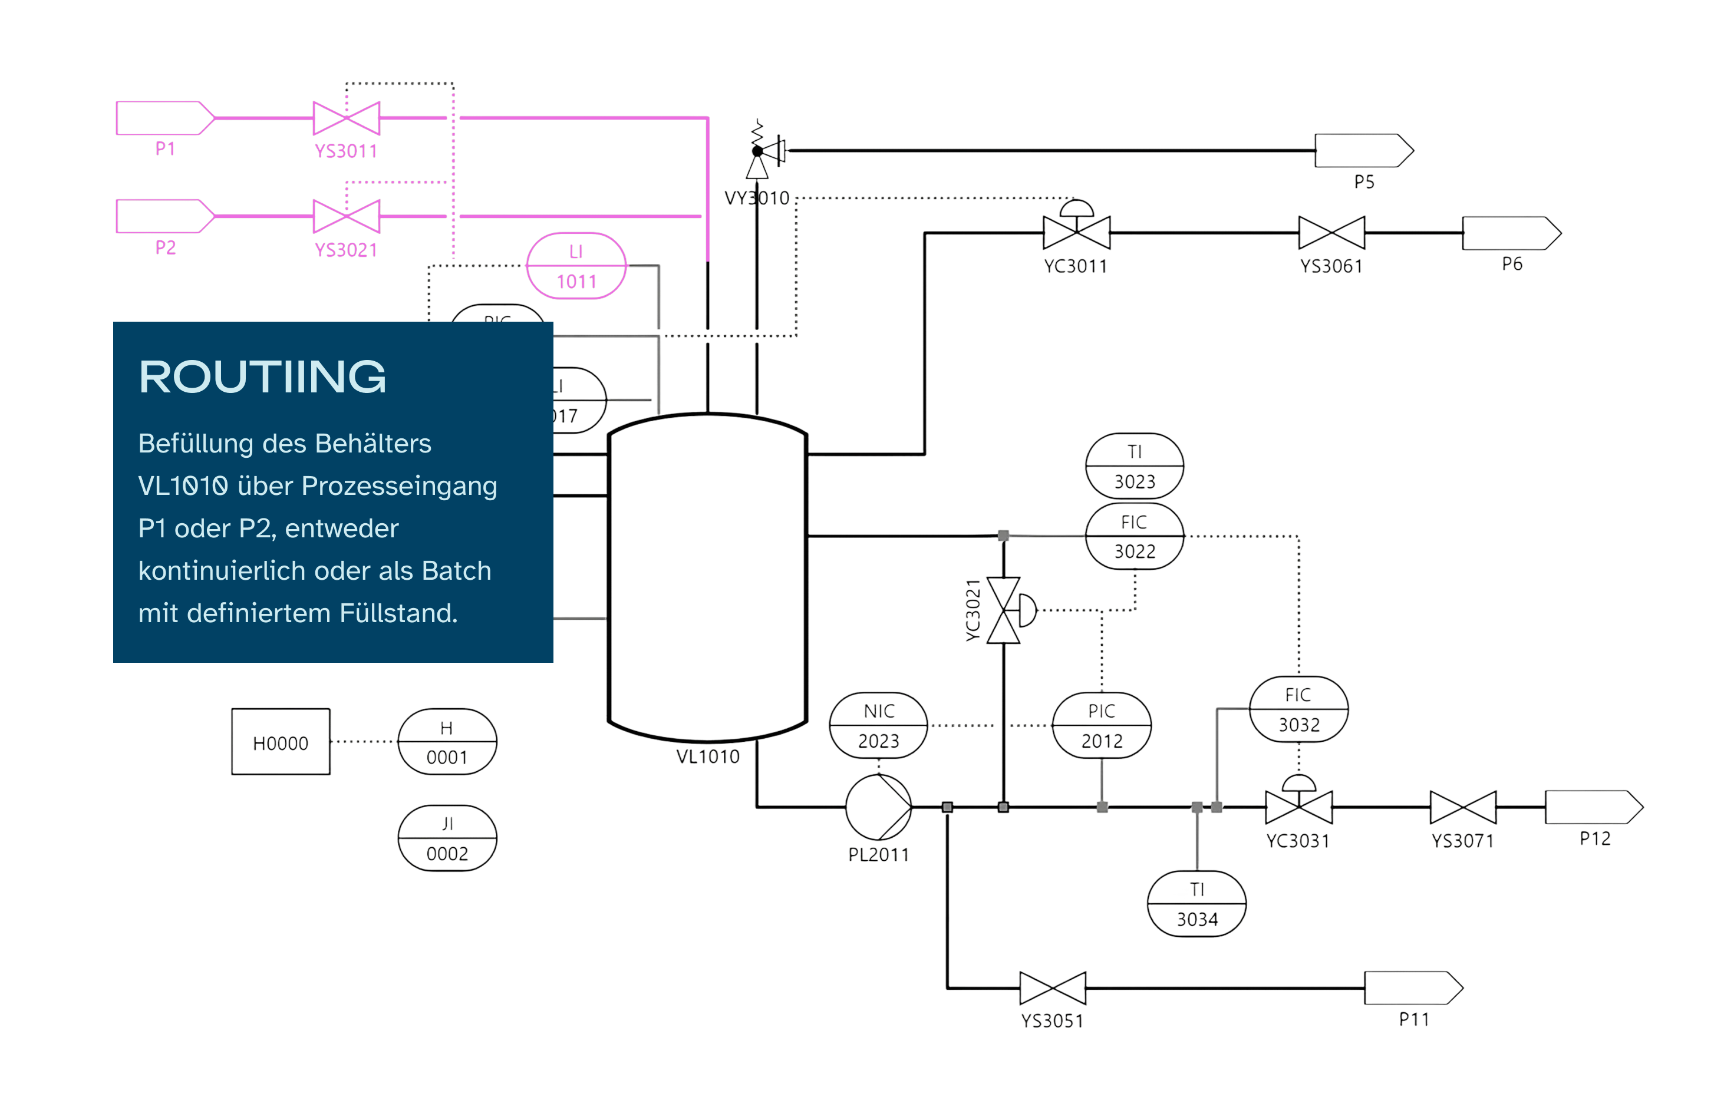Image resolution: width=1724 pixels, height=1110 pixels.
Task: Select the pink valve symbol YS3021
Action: point(346,216)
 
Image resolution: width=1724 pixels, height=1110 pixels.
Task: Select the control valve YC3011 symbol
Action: point(1076,230)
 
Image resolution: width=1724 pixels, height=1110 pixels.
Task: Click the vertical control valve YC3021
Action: point(1004,610)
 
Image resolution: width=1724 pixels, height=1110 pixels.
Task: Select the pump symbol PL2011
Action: point(878,807)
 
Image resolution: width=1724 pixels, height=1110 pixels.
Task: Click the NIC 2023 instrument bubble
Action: point(878,726)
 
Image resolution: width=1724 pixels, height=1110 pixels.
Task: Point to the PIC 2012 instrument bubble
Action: point(1101,726)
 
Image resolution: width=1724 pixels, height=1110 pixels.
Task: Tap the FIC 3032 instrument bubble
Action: point(1298,709)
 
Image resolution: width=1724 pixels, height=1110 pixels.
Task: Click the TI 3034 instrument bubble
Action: point(1197,904)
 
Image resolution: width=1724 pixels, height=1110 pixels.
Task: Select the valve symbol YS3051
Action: point(1052,988)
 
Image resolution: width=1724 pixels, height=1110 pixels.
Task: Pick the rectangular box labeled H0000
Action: point(281,742)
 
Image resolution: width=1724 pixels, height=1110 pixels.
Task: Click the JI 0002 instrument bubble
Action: point(447,838)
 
